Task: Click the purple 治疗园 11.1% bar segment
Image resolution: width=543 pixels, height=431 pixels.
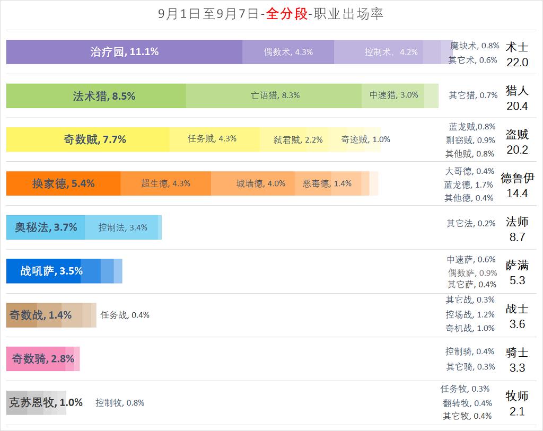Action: click(x=124, y=52)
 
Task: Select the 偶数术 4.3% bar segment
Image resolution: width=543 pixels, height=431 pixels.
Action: click(x=288, y=52)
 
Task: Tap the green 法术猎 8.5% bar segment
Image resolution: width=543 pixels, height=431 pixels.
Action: click(x=96, y=96)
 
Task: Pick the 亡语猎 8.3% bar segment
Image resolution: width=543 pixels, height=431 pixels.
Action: click(x=274, y=95)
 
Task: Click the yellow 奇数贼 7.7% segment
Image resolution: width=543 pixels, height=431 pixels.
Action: click(x=87, y=139)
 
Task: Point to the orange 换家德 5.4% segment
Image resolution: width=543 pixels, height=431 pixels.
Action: click(x=63, y=183)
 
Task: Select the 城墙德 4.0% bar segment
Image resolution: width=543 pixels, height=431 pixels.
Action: click(x=253, y=183)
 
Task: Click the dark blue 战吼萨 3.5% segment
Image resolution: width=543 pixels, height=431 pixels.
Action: click(x=43, y=271)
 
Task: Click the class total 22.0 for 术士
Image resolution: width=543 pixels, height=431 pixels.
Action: click(x=517, y=63)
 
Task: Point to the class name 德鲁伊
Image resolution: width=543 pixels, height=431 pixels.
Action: click(x=517, y=178)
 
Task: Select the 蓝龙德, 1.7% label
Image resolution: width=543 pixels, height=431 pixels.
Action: click(x=469, y=185)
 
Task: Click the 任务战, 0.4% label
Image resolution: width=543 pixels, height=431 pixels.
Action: click(x=125, y=315)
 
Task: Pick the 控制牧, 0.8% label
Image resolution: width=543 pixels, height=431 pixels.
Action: click(x=120, y=403)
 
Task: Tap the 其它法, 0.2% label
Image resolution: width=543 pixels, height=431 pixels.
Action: click(x=471, y=224)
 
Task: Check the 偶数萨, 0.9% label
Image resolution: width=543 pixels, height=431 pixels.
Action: click(x=472, y=273)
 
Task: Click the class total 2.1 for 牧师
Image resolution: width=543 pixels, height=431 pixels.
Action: click(x=517, y=411)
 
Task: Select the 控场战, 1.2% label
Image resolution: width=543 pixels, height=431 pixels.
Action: click(x=470, y=314)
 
